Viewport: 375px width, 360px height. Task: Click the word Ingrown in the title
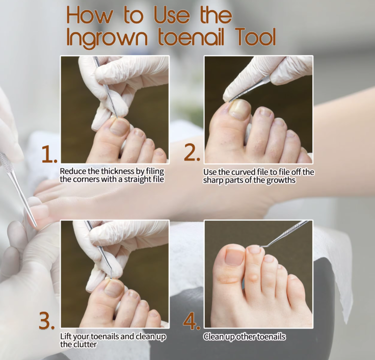107,38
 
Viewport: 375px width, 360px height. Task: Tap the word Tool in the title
255,37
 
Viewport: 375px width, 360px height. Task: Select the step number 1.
49,155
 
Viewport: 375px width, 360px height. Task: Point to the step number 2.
192,152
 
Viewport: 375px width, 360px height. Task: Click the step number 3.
47,321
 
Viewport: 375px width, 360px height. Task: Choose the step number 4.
192,321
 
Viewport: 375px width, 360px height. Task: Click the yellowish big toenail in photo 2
240,109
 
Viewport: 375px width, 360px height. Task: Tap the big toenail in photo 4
234,256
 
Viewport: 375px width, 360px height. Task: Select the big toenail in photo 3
114,288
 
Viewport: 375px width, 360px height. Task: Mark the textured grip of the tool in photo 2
265,79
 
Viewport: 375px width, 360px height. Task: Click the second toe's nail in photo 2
265,112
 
